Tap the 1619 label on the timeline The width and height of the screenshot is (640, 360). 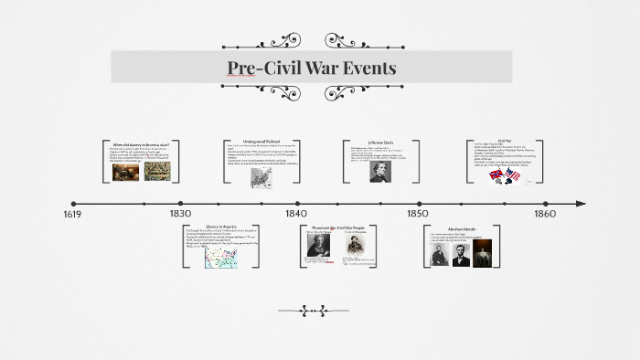73,214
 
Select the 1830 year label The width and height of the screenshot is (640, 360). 180,214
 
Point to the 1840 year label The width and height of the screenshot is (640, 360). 296,214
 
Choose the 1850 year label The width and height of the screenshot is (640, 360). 418,214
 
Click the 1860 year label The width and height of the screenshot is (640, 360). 544,214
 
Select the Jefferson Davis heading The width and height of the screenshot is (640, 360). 381,143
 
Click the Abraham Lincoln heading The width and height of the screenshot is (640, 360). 462,229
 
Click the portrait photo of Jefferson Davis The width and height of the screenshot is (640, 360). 380,171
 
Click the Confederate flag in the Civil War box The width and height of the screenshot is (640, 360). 496,175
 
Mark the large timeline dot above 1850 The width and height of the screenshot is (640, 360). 419,204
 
